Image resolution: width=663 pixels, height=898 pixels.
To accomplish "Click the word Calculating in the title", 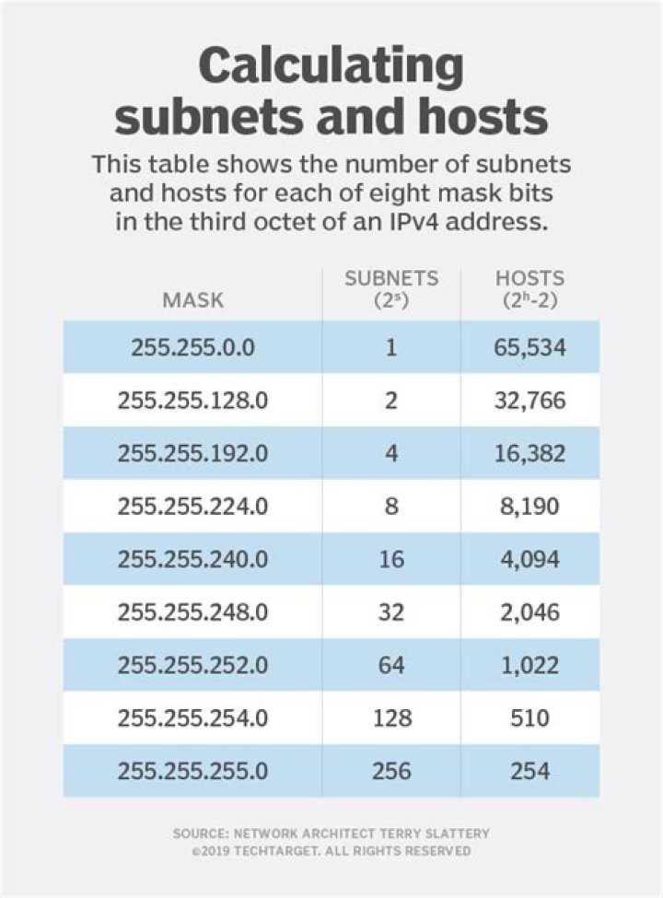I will [x=331, y=67].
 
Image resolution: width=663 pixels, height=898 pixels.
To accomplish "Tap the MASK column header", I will [x=192, y=299].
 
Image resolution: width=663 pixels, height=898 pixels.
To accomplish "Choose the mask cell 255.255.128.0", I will [x=192, y=402].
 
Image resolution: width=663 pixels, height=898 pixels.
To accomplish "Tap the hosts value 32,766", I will [x=529, y=402].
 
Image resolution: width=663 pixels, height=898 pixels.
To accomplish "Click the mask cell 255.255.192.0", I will [x=192, y=454].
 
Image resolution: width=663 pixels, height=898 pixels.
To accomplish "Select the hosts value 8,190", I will [x=529, y=507].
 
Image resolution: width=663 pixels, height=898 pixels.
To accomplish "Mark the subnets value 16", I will [x=391, y=559].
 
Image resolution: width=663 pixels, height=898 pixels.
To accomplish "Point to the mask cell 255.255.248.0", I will [x=192, y=612].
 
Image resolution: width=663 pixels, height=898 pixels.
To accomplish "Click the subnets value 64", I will [x=391, y=664].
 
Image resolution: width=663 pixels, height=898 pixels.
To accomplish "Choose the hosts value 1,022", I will [x=529, y=664].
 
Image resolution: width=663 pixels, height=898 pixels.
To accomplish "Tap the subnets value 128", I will [x=391, y=717].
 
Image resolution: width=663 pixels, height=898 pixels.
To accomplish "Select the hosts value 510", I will [x=529, y=717].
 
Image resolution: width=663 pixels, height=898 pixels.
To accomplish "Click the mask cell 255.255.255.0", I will [x=192, y=770].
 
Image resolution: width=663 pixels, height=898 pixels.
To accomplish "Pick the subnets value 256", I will [x=391, y=770].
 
